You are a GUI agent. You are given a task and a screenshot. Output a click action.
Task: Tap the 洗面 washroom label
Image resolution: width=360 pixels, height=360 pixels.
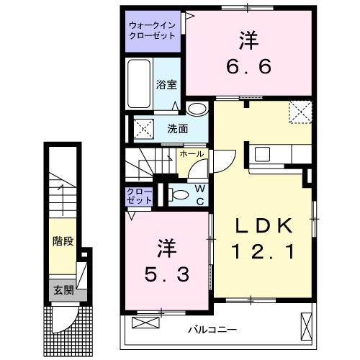tap(177, 130)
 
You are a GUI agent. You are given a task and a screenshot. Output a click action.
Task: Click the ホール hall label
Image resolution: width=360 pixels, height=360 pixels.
tap(191, 154)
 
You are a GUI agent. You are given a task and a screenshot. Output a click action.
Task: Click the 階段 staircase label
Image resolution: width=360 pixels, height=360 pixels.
tap(63, 241)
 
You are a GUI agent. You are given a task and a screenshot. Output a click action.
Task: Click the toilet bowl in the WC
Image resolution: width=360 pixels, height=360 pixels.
tap(177, 194)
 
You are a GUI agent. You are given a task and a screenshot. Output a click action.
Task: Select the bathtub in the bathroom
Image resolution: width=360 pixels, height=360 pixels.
tap(139, 84)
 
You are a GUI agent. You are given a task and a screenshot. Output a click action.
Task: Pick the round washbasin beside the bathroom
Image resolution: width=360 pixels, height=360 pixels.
tap(197, 109)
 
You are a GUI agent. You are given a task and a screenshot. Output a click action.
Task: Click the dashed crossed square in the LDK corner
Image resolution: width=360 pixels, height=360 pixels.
tap(300, 112)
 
